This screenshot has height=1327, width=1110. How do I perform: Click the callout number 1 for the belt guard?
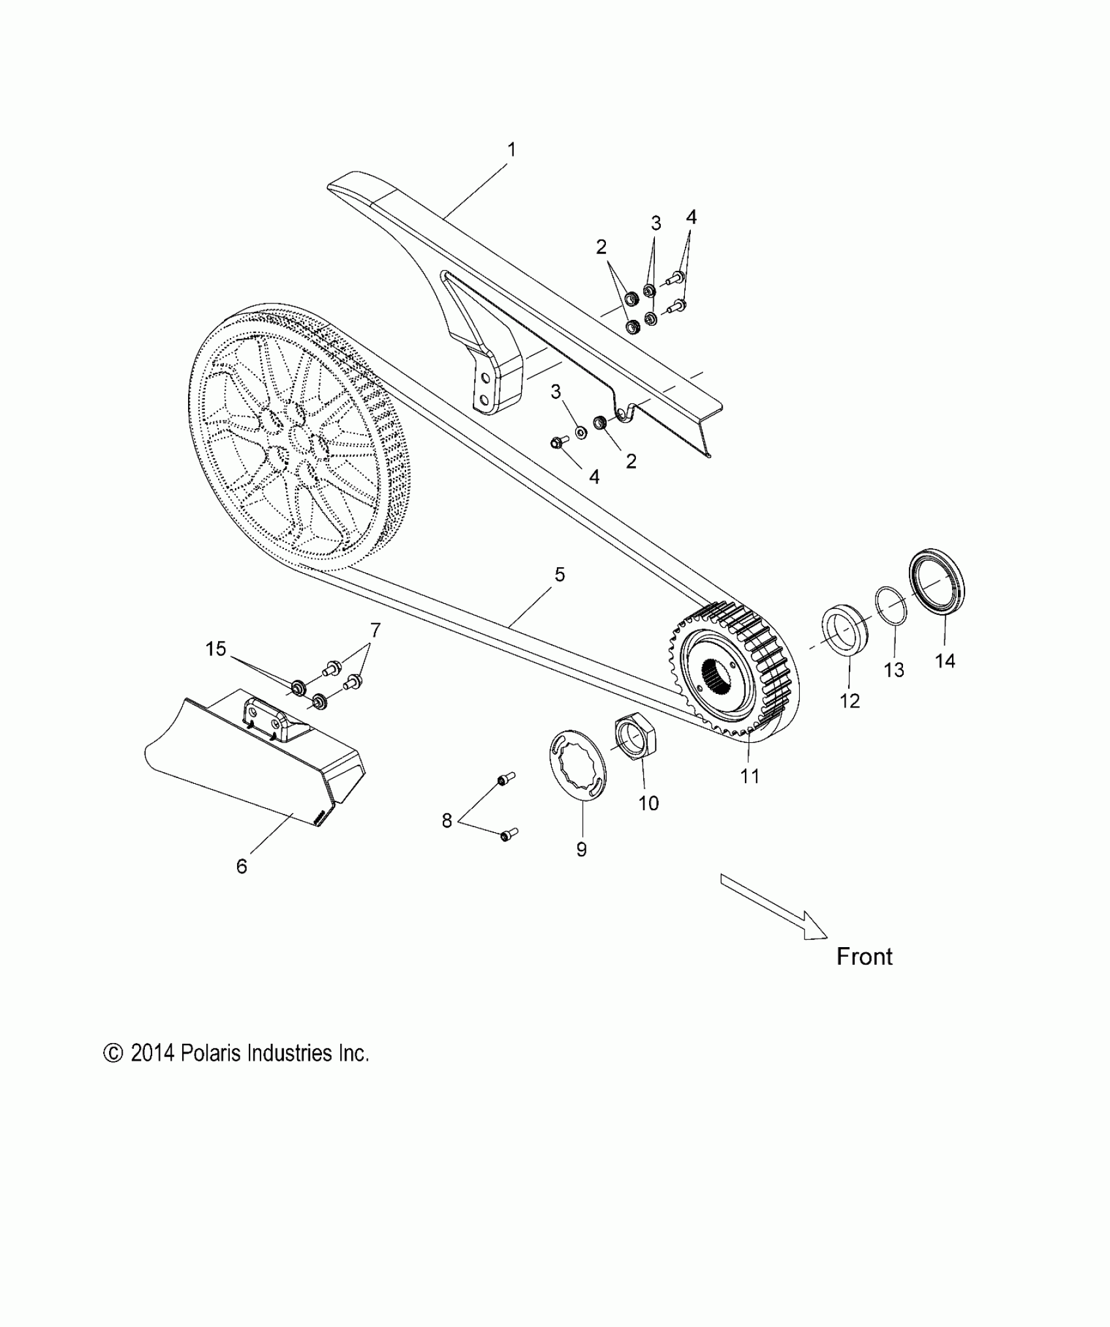pyautogui.click(x=512, y=150)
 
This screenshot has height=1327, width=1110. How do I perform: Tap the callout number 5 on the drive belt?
pyautogui.click(x=560, y=575)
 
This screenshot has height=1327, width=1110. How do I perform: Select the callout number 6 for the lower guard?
pyautogui.click(x=242, y=866)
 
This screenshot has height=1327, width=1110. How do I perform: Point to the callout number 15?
pyautogui.click(x=215, y=649)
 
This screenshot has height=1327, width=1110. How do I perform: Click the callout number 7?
pyautogui.click(x=375, y=631)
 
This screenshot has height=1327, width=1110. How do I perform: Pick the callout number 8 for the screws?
pyautogui.click(x=447, y=820)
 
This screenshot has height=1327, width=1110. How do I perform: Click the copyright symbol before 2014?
pyautogui.click(x=113, y=1053)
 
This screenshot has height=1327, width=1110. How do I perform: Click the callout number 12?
pyautogui.click(x=850, y=701)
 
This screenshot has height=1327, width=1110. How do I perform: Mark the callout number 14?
pyautogui.click(x=945, y=661)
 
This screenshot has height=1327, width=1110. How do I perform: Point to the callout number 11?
pyautogui.click(x=750, y=776)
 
